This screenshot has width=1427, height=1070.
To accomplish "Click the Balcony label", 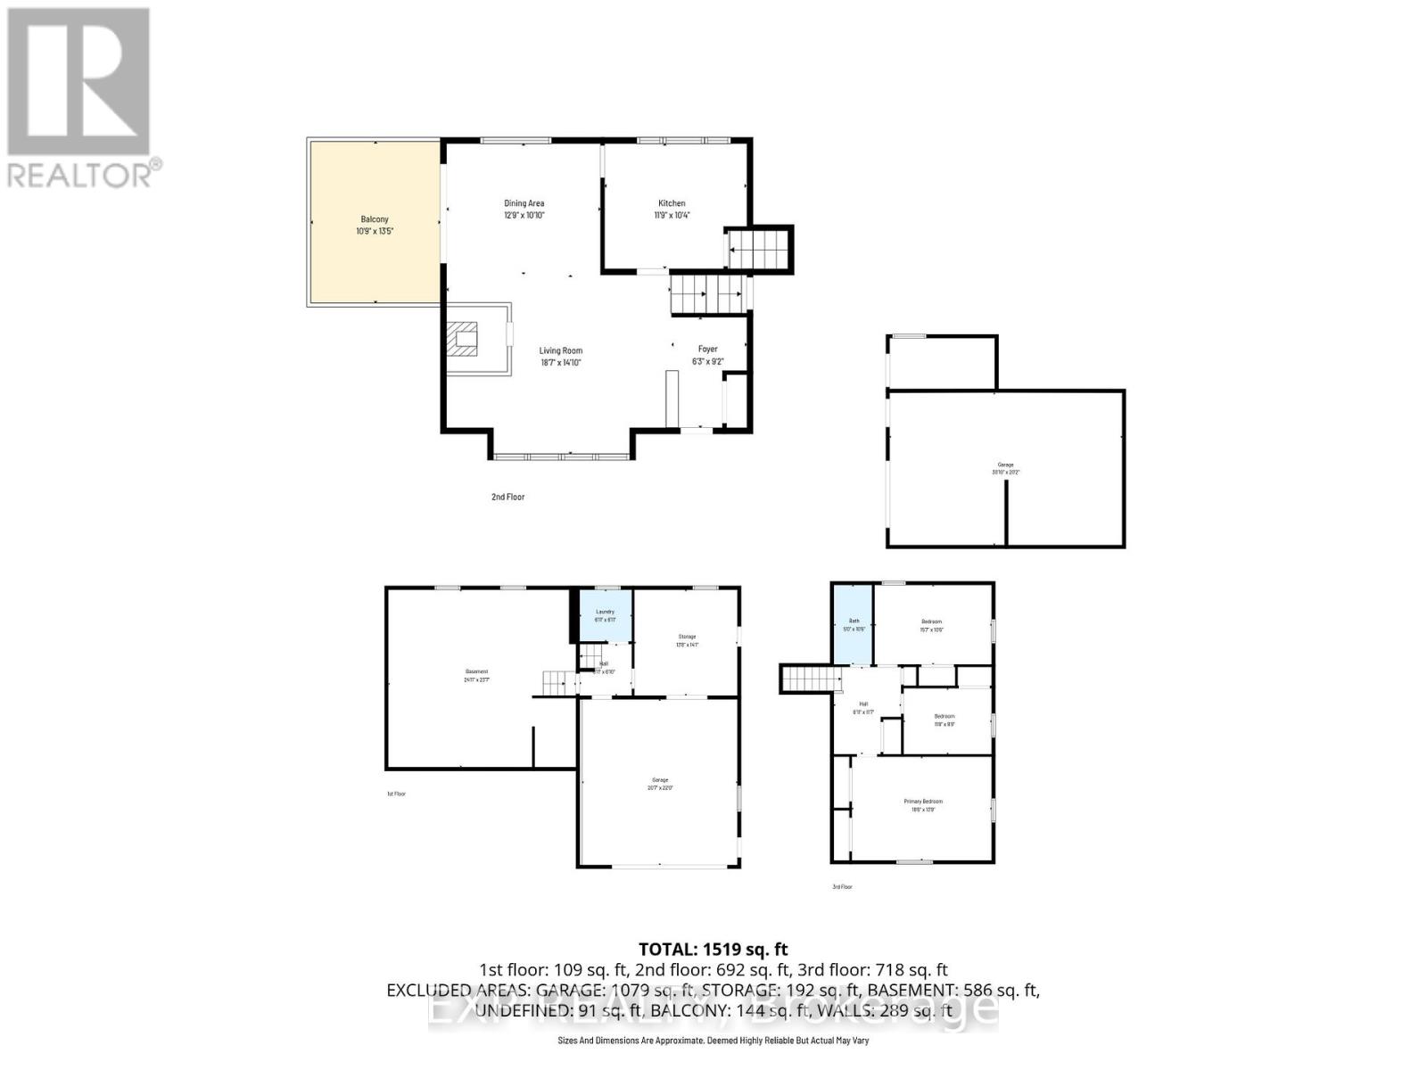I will [375, 219].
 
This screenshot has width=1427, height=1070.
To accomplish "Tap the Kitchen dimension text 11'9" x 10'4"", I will [672, 215].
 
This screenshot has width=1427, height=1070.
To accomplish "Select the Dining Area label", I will [524, 203].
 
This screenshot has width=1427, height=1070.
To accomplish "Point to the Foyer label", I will [707, 350].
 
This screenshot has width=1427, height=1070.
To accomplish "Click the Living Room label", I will [560, 350].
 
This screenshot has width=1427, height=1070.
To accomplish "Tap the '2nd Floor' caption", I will [507, 497].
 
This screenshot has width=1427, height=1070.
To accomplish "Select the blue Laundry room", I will [606, 615].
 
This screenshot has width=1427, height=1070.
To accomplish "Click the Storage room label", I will [687, 637].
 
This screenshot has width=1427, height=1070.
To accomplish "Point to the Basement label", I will [476, 671].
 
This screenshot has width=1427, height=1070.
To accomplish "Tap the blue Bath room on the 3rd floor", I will [854, 624].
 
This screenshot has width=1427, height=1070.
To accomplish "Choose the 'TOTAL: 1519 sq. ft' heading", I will [713, 950].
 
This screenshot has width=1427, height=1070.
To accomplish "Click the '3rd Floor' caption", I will [842, 886].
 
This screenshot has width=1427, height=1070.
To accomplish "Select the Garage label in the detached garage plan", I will [1005, 465].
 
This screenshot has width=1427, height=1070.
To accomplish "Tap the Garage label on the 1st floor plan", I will [659, 780].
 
